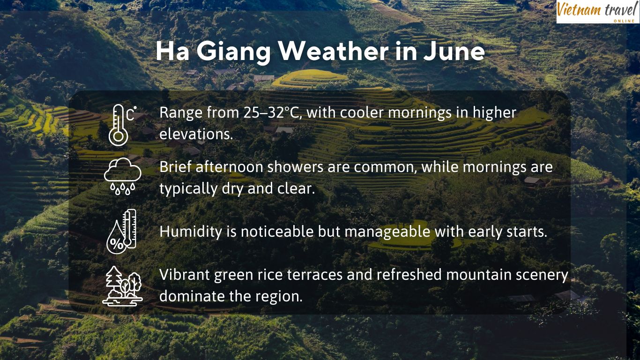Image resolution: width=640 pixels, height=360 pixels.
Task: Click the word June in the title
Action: point(454,51)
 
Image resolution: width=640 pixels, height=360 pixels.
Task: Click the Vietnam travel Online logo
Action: point(598,11)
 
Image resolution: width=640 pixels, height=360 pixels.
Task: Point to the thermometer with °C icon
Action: point(122,125)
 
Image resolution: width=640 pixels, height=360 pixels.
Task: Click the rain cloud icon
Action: point(123,176)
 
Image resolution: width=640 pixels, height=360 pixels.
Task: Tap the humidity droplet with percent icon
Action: point(121,231)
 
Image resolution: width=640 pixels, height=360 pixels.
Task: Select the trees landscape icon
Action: point(123,286)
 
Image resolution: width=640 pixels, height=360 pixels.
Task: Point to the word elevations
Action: point(196,134)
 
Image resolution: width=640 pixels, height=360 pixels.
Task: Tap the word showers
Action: point(296,167)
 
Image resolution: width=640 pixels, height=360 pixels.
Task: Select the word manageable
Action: point(387,232)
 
